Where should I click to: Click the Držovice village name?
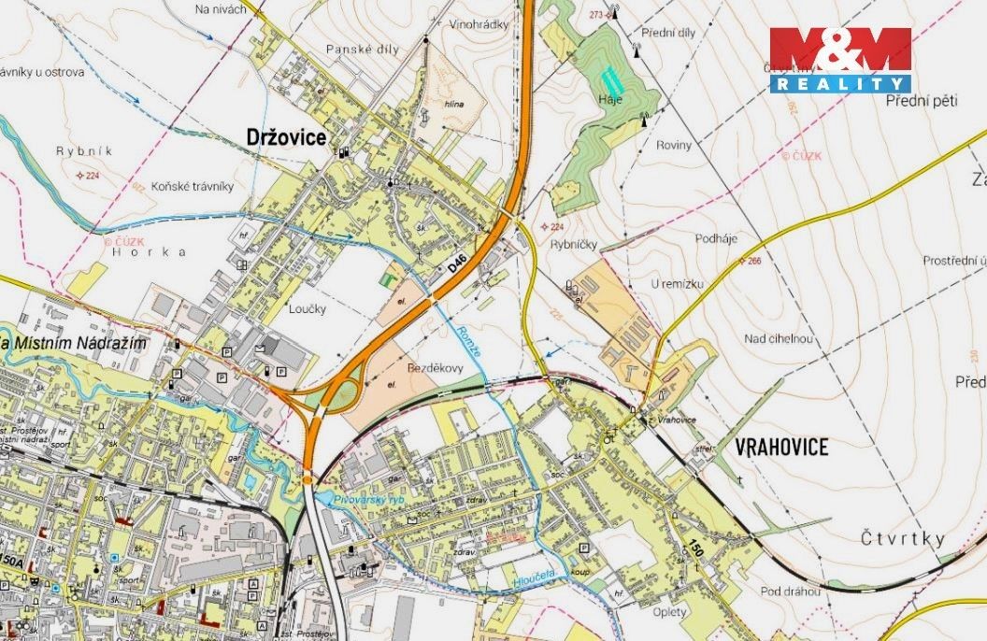[285, 137]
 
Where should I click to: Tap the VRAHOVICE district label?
[781, 448]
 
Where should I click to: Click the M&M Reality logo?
[839, 60]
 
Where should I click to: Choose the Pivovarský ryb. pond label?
[370, 502]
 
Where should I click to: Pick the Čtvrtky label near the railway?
[902, 539]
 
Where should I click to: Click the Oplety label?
[669, 612]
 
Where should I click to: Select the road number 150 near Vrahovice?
[694, 546]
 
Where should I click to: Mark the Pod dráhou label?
[791, 591]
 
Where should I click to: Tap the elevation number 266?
[755, 261]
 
